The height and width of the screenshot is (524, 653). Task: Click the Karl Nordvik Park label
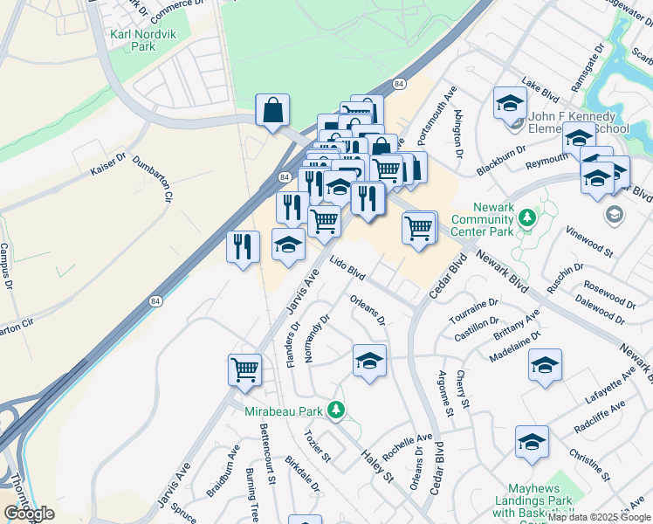(133, 40)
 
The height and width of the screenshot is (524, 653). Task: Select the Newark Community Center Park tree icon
(526, 216)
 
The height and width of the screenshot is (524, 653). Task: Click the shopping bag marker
(272, 111)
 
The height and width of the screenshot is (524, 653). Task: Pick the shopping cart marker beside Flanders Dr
(245, 368)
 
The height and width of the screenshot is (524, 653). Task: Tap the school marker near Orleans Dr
(369, 361)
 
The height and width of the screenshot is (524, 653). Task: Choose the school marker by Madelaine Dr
(545, 364)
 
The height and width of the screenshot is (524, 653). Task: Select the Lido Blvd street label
(347, 267)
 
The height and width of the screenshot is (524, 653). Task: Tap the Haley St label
(378, 464)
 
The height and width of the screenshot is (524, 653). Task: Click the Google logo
(29, 514)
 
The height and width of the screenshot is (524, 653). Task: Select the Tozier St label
(316, 445)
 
